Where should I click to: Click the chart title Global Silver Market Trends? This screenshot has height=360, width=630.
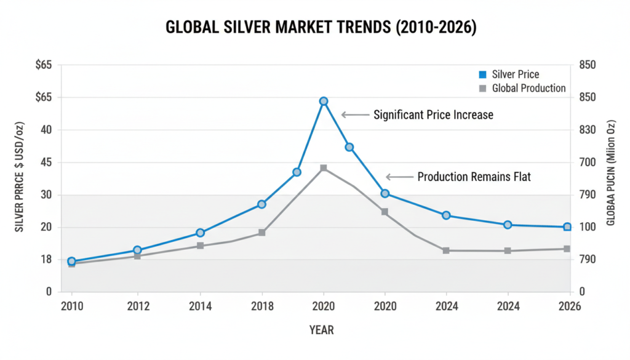tap(321, 29)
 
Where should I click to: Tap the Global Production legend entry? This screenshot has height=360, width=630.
tap(522, 88)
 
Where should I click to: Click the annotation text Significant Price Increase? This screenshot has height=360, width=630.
tap(433, 114)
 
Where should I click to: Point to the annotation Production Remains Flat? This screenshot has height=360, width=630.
tap(474, 177)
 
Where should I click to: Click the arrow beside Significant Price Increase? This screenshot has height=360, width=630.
tap(354, 114)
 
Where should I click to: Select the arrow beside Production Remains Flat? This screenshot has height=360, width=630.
tap(399, 177)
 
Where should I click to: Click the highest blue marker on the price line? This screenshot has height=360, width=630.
tap(324, 101)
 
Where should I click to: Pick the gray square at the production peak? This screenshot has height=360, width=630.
tap(324, 168)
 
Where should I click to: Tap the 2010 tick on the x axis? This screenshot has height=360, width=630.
tap(71, 306)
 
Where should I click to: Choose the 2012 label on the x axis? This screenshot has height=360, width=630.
tap(137, 306)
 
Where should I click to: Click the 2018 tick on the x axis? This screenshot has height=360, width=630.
tap(261, 306)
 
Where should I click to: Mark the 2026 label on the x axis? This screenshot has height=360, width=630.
tap(570, 306)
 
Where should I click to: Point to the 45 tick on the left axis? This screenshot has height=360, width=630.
tap(46, 162)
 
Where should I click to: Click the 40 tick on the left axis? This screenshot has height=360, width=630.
tap(46, 130)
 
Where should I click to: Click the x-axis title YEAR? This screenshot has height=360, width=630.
tap(321, 330)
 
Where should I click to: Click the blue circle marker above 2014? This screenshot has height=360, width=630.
tap(200, 233)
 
